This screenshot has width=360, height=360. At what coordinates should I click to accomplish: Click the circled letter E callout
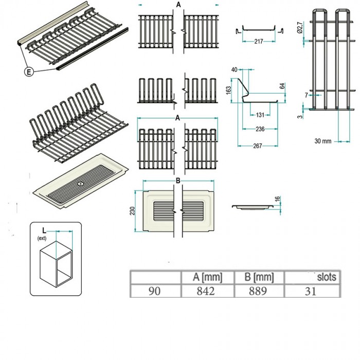29,72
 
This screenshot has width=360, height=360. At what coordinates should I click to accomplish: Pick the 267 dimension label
258,147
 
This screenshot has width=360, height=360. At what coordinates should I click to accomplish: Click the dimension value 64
282,87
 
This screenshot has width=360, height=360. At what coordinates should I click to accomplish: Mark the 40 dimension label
235,69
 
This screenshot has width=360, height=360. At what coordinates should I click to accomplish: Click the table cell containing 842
207,291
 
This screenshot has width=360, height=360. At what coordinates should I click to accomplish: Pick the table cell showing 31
313,291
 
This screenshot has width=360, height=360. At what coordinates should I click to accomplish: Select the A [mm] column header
207,278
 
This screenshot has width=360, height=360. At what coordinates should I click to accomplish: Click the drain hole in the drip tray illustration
81,183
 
